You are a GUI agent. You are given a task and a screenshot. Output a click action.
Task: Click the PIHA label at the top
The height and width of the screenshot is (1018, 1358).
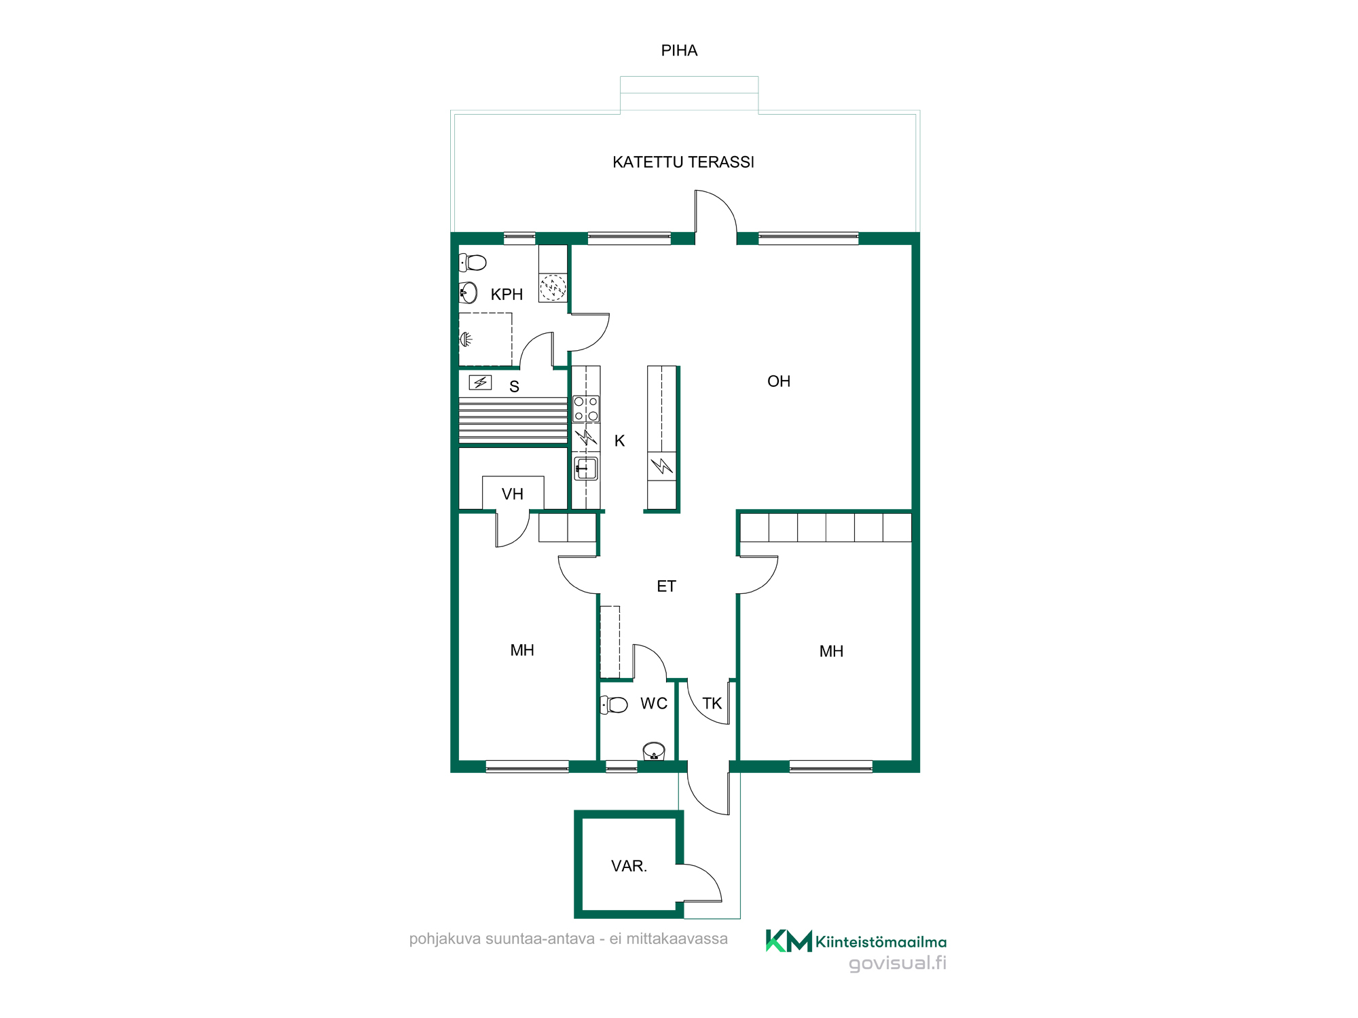click(679, 51)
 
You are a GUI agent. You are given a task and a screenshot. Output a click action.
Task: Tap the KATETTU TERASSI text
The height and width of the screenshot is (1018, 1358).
click(683, 162)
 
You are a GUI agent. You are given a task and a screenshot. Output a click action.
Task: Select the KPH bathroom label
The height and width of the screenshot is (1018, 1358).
click(507, 295)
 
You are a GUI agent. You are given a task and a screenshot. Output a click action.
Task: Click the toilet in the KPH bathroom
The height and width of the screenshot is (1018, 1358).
click(473, 262)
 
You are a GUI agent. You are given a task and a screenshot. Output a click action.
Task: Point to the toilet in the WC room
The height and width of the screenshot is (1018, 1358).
click(614, 704)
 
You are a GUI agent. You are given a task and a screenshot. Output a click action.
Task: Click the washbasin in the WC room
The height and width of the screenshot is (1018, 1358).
click(654, 751)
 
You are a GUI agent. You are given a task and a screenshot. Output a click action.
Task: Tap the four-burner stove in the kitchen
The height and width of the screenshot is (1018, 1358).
click(586, 409)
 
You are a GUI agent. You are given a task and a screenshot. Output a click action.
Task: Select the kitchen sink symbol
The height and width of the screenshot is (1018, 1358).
click(586, 469)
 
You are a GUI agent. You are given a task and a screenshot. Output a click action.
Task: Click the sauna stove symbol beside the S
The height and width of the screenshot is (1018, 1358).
click(480, 383)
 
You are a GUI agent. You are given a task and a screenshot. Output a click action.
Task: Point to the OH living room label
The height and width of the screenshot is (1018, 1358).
click(779, 381)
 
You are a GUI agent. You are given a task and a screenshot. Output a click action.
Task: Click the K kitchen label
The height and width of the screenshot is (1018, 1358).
click(619, 441)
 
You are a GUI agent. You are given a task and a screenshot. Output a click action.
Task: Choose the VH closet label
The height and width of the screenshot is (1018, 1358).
click(513, 494)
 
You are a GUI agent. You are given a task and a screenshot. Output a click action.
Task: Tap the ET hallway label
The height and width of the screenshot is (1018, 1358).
click(666, 586)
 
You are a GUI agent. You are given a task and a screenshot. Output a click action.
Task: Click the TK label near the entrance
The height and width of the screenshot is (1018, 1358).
click(712, 703)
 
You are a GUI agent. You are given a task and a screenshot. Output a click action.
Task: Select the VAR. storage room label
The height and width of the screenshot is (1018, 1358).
click(629, 866)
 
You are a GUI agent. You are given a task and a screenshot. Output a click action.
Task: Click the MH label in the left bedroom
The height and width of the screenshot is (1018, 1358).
click(522, 650)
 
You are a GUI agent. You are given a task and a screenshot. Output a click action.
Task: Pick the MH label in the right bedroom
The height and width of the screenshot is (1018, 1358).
click(831, 652)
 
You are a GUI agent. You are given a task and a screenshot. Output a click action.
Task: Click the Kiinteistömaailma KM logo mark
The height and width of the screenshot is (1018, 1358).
click(788, 941)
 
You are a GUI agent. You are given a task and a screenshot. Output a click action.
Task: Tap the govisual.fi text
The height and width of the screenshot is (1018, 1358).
click(898, 963)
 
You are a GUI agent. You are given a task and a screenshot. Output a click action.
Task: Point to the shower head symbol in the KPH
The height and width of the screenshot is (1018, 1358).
click(466, 339)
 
